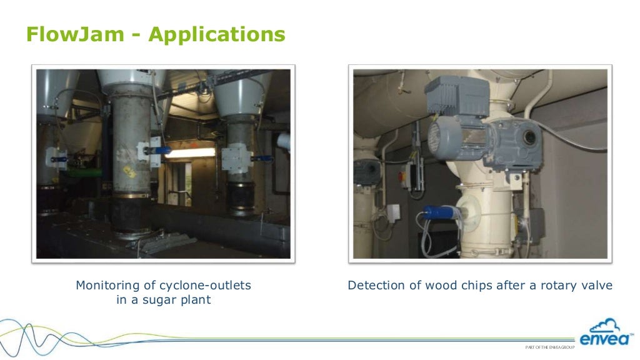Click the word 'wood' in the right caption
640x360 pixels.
(442, 285)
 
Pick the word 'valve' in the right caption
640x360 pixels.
(596, 285)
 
